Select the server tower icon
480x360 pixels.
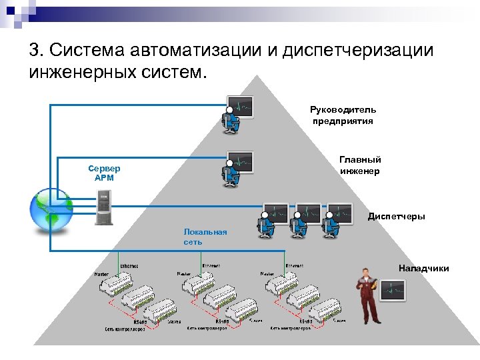(104, 207)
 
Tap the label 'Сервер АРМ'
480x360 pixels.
(105, 173)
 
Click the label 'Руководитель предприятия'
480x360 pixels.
(343, 115)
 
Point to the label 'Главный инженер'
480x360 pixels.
(360, 165)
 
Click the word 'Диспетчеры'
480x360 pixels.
(396, 217)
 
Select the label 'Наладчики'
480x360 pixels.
(423, 268)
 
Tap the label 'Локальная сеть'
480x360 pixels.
(205, 237)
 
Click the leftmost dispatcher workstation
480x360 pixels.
(273, 219)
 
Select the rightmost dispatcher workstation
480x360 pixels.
(337, 219)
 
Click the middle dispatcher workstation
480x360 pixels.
(305, 219)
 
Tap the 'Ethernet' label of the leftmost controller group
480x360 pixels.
(129, 265)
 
